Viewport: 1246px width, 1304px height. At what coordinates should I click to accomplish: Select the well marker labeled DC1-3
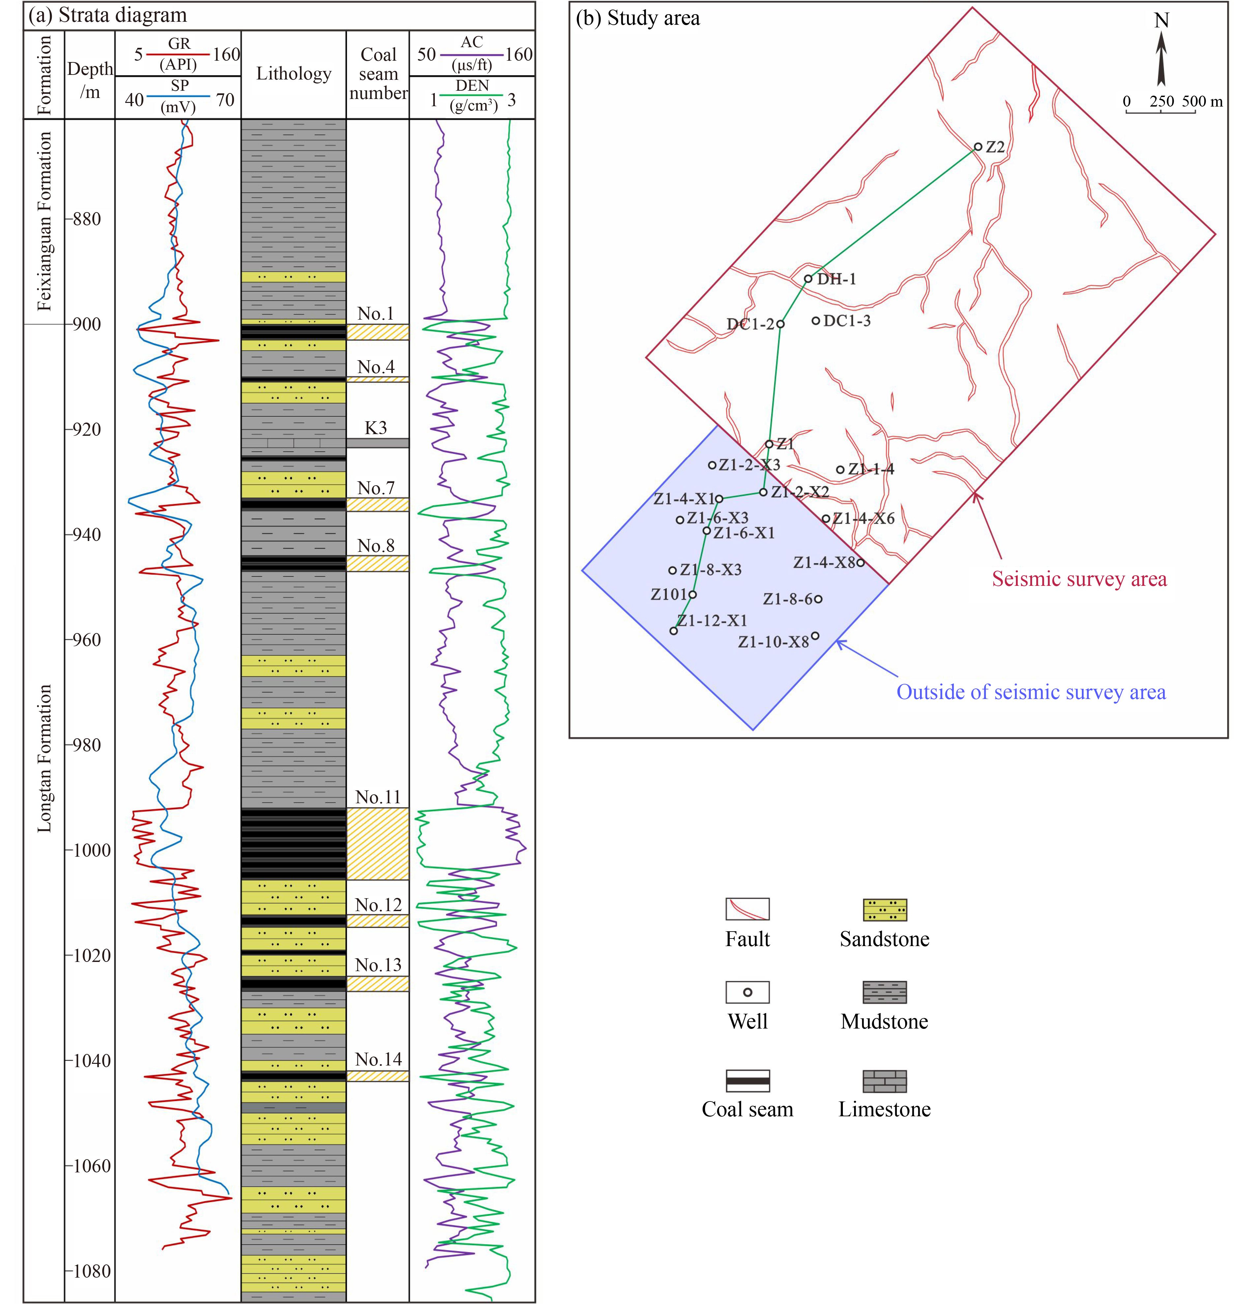(816, 320)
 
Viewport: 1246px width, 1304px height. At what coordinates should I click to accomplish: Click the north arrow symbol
(1161, 60)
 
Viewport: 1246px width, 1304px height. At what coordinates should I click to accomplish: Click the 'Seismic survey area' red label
(1079, 579)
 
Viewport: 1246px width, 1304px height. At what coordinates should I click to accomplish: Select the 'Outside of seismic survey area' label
(1031, 692)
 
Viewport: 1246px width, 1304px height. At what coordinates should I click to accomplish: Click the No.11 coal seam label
(378, 797)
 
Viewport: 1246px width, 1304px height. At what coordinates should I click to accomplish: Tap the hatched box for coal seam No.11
(377, 843)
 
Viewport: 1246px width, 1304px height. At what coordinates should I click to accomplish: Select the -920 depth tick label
(84, 429)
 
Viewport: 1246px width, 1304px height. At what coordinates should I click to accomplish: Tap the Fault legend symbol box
(747, 908)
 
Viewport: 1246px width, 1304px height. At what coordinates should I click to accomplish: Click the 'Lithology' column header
(294, 74)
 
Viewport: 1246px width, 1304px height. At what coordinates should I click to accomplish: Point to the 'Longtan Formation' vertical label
(44, 758)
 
